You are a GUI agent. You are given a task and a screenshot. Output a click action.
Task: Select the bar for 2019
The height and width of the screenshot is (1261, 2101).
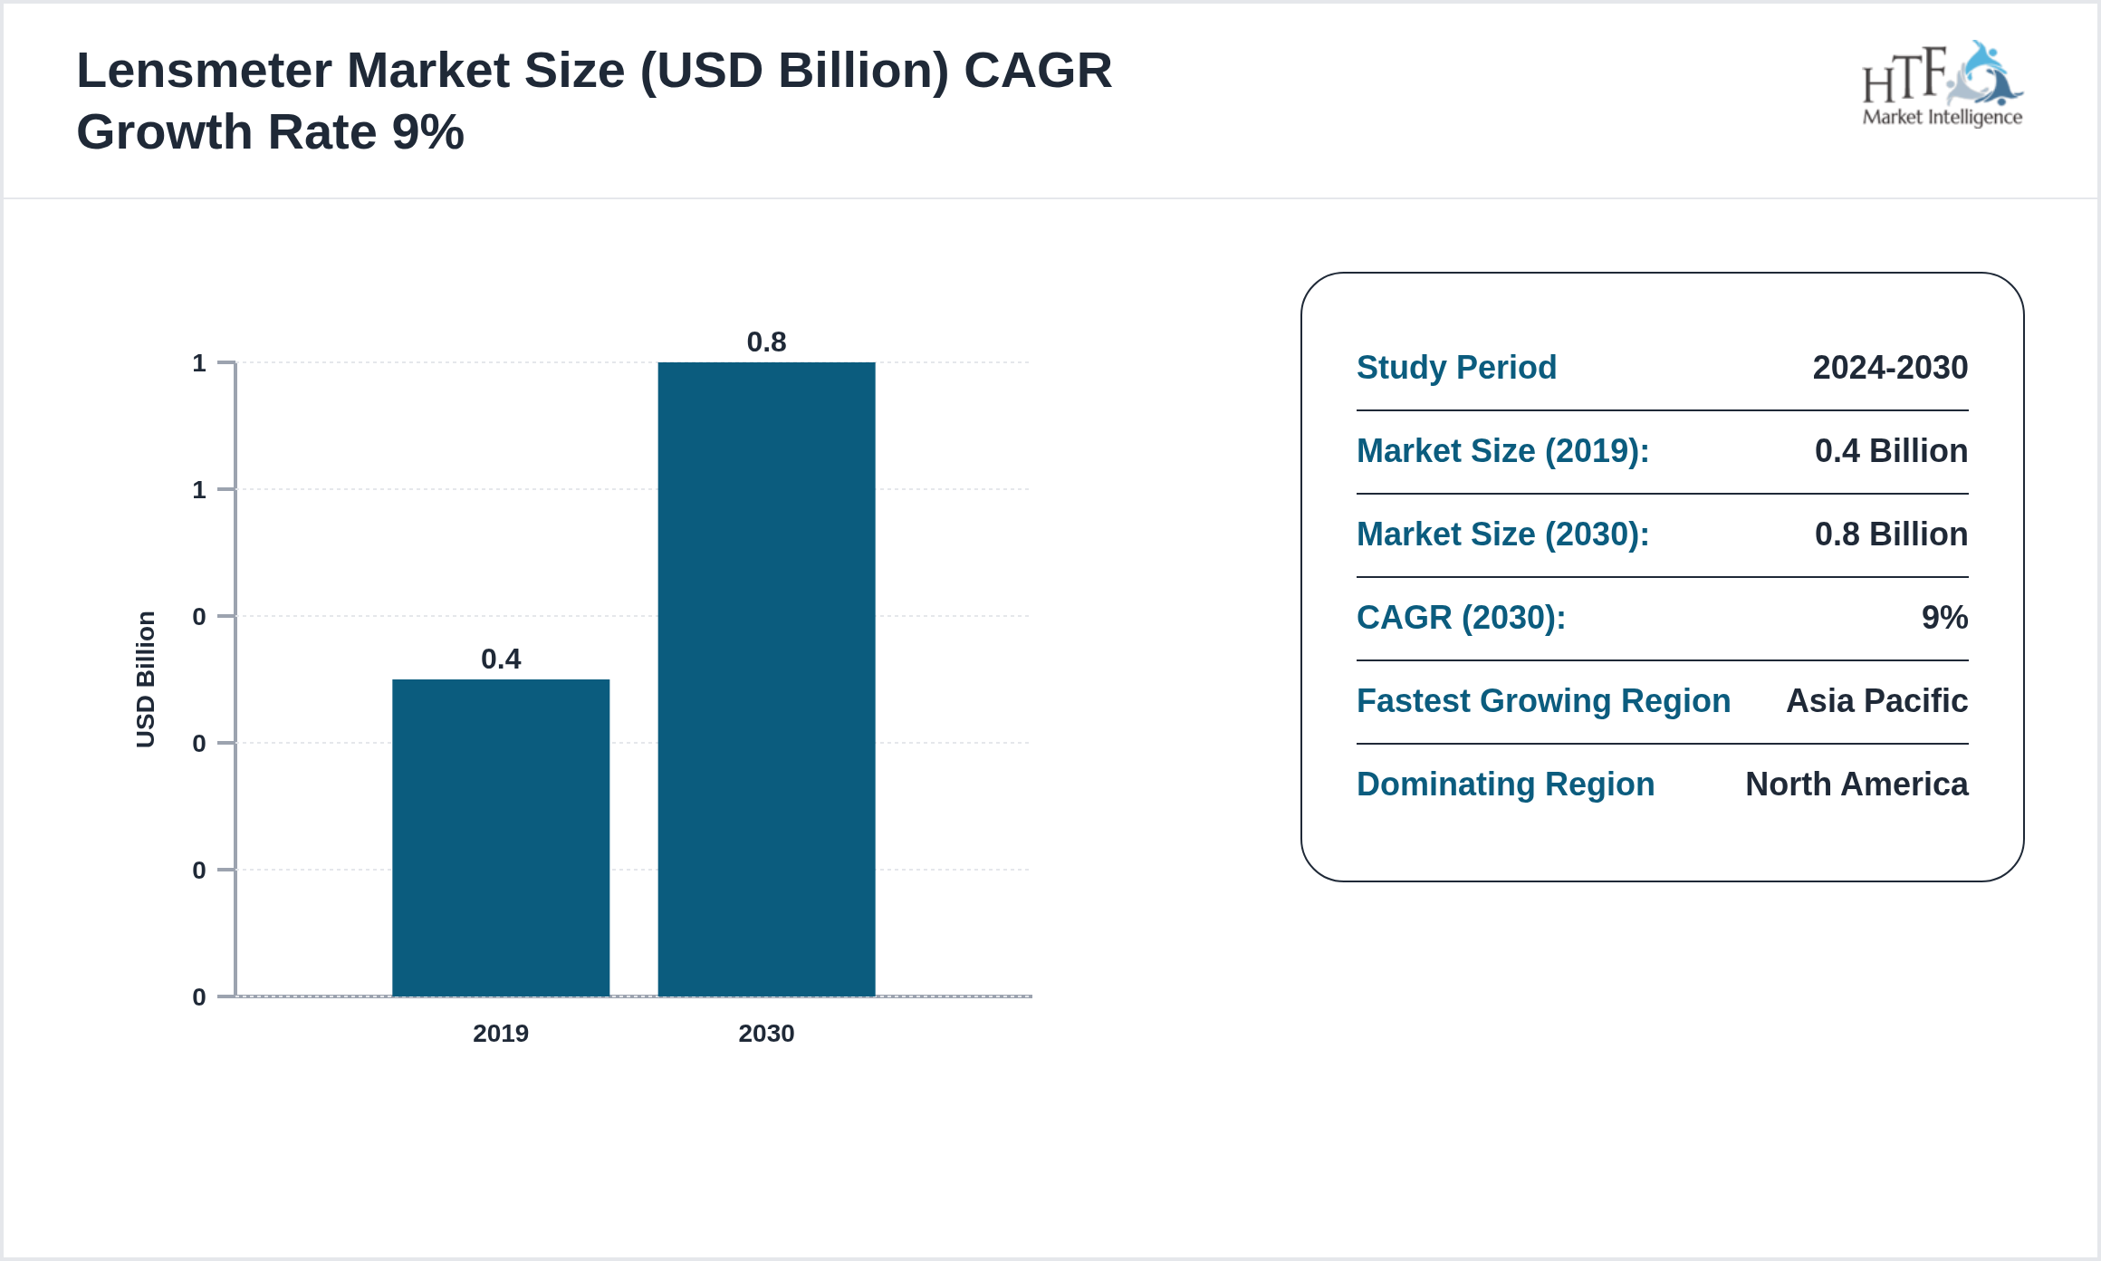(x=501, y=837)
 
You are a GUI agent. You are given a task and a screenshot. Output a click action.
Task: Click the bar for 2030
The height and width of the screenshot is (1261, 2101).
(x=766, y=679)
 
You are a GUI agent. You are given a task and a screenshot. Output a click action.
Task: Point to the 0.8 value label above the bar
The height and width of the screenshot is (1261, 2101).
(x=766, y=342)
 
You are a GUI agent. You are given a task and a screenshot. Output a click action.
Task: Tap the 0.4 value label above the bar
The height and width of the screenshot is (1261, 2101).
(x=501, y=659)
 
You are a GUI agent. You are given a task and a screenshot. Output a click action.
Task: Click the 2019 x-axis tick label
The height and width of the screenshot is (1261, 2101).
(x=501, y=1034)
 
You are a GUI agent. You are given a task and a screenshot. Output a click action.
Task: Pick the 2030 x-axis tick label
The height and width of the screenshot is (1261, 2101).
(x=766, y=1034)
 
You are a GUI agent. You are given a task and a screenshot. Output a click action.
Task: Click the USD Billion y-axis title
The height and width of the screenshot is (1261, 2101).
(x=146, y=679)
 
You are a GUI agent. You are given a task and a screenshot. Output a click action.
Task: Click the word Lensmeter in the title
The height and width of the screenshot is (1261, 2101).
(x=204, y=71)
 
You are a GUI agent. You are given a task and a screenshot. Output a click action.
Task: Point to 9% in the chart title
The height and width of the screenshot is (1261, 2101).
(x=427, y=132)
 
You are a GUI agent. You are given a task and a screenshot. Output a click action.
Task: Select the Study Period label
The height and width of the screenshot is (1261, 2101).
(x=1456, y=368)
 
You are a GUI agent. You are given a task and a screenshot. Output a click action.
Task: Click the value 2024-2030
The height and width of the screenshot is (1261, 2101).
(x=1890, y=368)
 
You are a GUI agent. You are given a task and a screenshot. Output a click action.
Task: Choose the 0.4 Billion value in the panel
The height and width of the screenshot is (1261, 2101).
(x=1891, y=451)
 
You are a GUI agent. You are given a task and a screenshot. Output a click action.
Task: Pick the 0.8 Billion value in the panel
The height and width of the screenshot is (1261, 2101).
(x=1891, y=534)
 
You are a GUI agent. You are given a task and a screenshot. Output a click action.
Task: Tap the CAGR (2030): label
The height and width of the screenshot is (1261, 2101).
(x=1461, y=618)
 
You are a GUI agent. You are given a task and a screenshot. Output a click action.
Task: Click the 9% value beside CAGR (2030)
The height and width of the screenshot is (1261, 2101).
(x=1944, y=618)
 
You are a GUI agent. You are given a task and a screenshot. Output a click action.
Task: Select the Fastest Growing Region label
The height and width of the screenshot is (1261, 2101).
(x=1543, y=701)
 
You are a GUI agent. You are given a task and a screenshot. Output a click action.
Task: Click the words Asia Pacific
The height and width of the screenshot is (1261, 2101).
(x=1876, y=701)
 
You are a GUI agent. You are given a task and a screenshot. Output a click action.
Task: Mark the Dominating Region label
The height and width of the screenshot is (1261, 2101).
(x=1505, y=785)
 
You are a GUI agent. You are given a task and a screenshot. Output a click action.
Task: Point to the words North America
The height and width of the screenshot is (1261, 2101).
(x=1856, y=785)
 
